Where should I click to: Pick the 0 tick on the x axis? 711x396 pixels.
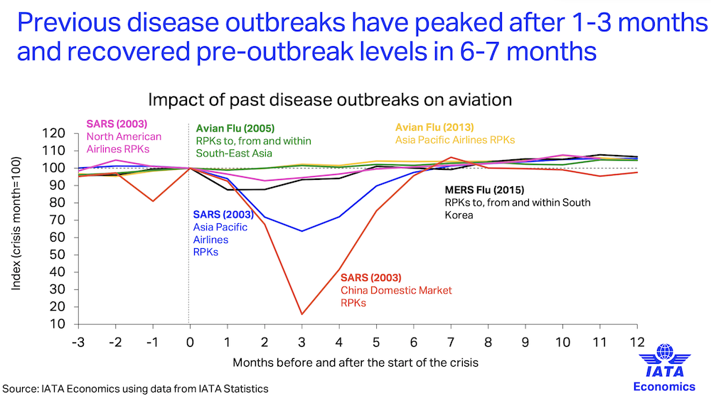189,343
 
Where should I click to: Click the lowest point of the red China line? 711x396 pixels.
302,314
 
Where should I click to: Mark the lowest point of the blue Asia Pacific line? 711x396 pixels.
302,231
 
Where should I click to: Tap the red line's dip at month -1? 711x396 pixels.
153,201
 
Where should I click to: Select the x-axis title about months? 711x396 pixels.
355,362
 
